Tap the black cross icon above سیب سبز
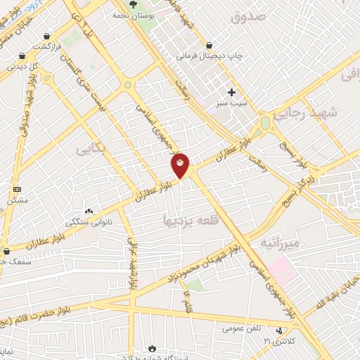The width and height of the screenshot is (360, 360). pyautogui.click(x=231, y=92)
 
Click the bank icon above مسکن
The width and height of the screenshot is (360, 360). pyautogui.click(x=18, y=189)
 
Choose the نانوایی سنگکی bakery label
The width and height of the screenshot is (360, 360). pyautogui.click(x=89, y=221)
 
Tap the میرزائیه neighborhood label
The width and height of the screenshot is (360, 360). pyautogui.click(x=280, y=243)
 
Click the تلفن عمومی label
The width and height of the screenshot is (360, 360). pyautogui.click(x=243, y=328)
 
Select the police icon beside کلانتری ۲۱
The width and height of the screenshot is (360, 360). pyautogui.click(x=282, y=330)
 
